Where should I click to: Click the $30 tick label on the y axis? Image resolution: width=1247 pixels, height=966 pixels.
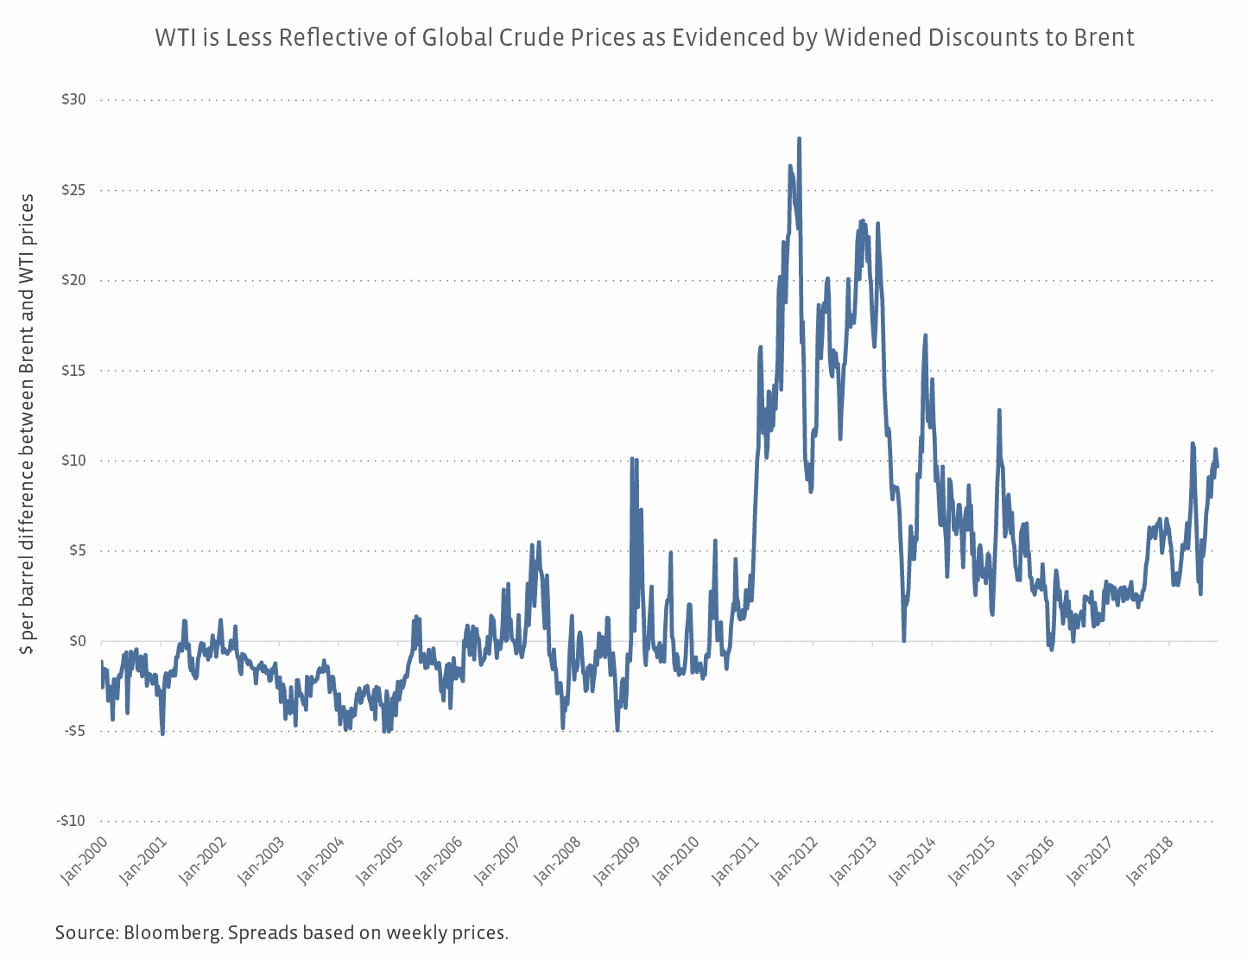pos(73,100)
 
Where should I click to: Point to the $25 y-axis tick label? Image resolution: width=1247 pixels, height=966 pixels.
pos(73,190)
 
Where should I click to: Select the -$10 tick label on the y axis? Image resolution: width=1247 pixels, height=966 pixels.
pos(71,821)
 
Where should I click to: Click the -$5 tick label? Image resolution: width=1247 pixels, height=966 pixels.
pos(73,731)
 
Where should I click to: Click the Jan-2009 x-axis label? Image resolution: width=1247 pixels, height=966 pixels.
pos(617,860)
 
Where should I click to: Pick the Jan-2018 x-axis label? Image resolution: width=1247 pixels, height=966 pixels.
pos(1150,860)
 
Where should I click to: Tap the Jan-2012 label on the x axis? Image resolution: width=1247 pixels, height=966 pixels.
pos(795,860)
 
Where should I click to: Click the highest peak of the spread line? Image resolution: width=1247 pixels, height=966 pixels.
pos(799,138)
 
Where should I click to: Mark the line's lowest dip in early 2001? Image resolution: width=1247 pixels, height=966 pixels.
pos(162,734)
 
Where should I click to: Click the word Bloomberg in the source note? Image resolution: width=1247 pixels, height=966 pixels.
pos(171,933)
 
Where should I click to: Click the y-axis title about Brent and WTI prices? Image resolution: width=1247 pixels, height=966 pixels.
pos(28,423)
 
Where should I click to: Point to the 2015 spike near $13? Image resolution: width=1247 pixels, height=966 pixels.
pos(999,410)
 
